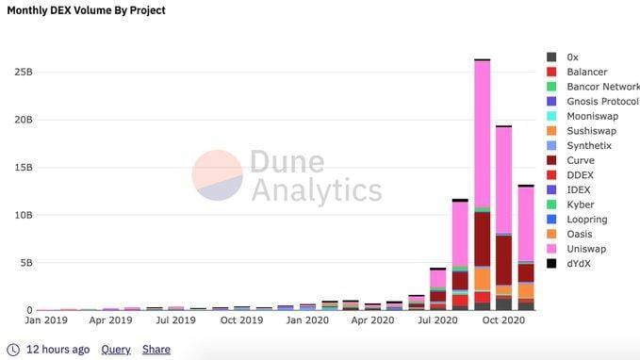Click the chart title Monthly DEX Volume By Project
click(86, 10)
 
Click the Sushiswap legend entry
click(590, 131)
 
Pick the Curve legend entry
click(581, 160)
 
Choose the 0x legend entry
click(572, 57)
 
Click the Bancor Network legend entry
click(601, 87)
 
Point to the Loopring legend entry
click(586, 219)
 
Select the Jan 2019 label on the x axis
click(45, 320)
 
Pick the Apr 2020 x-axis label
click(372, 320)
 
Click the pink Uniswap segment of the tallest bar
click(482, 132)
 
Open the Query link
click(116, 349)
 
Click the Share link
click(156, 349)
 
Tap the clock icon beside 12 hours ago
click(12, 349)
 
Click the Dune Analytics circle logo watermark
click(218, 175)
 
